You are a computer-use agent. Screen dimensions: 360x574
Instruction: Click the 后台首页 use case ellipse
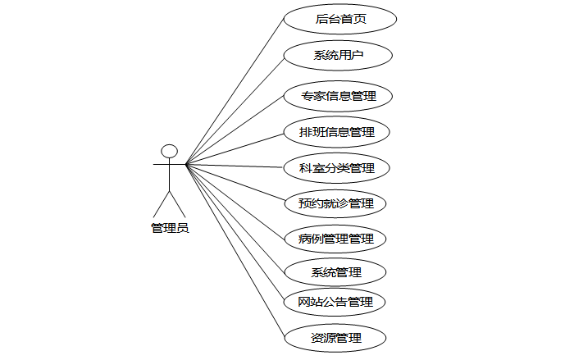(339, 19)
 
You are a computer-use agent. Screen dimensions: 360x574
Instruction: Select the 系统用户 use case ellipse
(338, 55)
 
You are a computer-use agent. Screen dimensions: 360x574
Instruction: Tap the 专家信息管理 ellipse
(337, 96)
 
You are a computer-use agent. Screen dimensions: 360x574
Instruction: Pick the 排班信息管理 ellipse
(337, 131)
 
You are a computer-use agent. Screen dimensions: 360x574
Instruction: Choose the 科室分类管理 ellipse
(337, 168)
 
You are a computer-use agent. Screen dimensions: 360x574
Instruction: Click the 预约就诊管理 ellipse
(337, 203)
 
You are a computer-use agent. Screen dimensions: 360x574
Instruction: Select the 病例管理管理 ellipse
(337, 239)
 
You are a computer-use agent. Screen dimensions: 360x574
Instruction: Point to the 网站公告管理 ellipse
(335, 302)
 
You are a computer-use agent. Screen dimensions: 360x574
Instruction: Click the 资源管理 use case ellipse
(336, 337)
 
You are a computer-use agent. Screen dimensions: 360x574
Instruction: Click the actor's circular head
(170, 151)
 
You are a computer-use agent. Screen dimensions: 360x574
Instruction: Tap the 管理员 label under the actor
(170, 228)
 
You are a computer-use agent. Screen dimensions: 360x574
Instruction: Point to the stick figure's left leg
(163, 203)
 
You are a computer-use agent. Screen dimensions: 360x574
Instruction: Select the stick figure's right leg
(176, 203)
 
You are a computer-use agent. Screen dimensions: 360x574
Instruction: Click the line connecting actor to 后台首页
(235, 90)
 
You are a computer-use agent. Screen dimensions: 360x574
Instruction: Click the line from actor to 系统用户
(235, 109)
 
